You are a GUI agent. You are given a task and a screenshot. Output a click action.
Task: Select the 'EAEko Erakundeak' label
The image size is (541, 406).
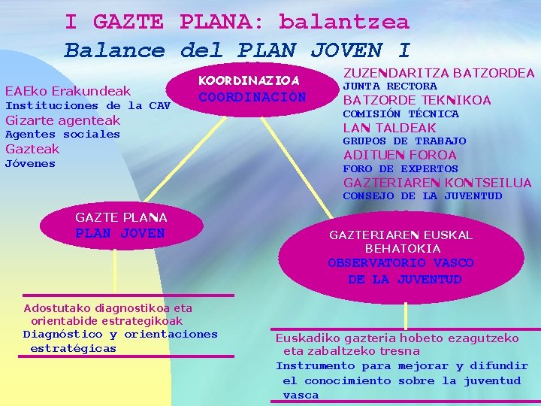68,90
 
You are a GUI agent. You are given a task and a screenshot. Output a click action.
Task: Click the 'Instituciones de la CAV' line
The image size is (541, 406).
87,106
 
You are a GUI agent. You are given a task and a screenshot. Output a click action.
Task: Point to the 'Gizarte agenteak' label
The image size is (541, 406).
62,120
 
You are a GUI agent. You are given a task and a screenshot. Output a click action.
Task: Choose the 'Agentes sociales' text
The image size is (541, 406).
62,135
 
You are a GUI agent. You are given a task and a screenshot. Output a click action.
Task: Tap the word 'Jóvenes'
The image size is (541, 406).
30,164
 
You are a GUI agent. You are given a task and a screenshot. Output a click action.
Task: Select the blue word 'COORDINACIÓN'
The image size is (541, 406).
252,97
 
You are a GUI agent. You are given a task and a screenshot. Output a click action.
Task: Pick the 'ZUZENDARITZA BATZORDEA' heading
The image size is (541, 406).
439,73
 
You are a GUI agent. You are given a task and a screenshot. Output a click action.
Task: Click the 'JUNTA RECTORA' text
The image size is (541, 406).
390,86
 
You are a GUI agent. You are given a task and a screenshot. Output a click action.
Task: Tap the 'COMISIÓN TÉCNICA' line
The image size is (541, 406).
400,114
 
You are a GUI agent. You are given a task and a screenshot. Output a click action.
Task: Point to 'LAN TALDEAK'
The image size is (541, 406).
389,128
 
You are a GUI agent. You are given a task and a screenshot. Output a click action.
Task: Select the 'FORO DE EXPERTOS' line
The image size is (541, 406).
400,169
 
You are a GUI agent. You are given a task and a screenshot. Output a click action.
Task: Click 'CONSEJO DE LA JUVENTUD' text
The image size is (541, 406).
422,196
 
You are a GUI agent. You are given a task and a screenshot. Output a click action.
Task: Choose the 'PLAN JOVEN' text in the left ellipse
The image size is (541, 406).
120,233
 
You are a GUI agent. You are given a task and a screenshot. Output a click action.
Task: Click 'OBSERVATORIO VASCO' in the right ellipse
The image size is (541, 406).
400,263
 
